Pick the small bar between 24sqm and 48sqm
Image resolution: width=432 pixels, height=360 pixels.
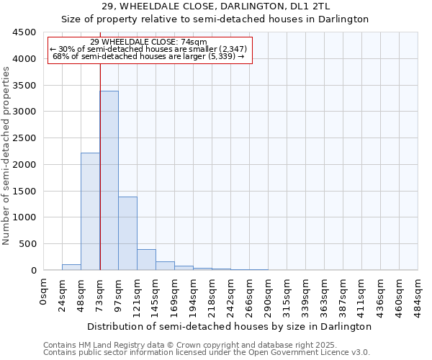pyautogui.click(x=71, y=267)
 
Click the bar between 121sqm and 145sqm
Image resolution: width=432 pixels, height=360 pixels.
pyautogui.click(x=146, y=260)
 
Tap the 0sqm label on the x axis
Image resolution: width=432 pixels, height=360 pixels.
pyautogui.click(x=45, y=292)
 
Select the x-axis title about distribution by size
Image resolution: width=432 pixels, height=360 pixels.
pyautogui.click(x=230, y=326)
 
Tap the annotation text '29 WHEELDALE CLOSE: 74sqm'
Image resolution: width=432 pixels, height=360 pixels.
pyautogui.click(x=150, y=42)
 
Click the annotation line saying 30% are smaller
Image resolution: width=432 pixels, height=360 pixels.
pyautogui.click(x=149, y=49)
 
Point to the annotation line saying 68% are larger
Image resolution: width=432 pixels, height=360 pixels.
pyautogui.click(x=149, y=56)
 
